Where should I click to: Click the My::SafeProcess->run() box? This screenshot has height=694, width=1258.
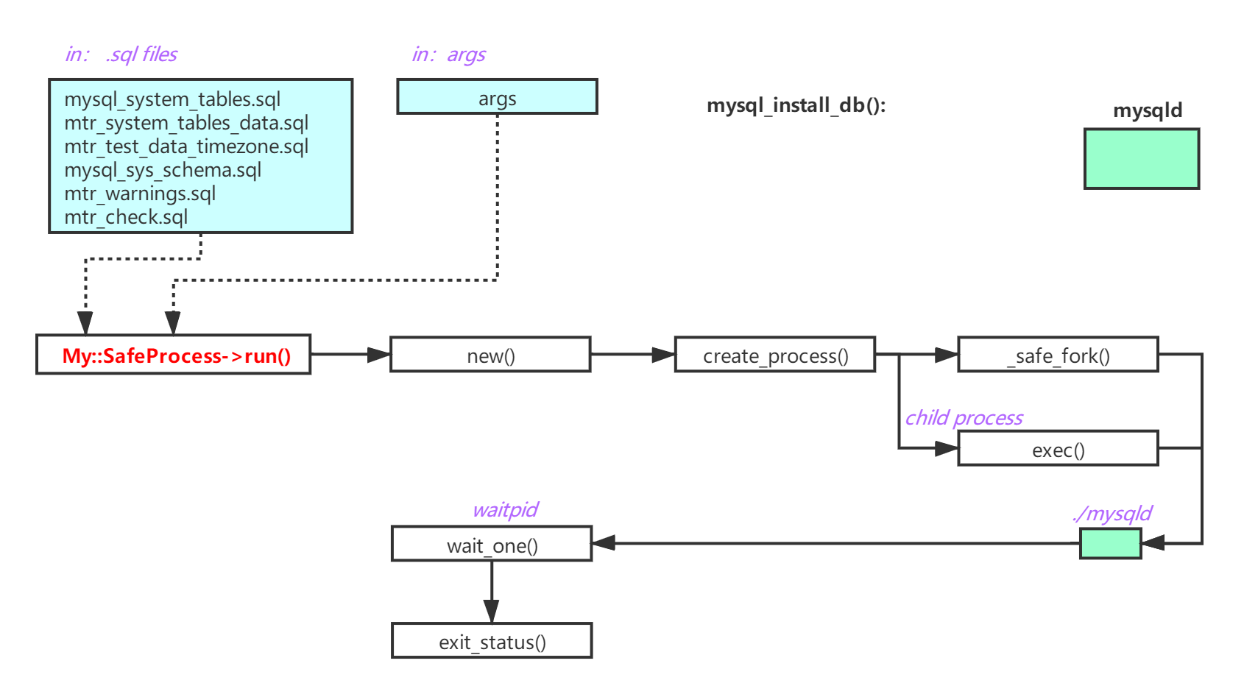pos(174,355)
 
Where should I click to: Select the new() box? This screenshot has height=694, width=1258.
pos(490,355)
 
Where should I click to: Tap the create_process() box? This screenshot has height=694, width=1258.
pos(774,355)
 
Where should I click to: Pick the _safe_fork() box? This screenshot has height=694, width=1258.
pos(1058,355)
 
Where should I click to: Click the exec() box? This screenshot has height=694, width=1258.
pos(1058,449)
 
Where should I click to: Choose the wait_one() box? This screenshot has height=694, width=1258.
pos(492,545)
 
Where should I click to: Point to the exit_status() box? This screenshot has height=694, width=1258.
pos(492,641)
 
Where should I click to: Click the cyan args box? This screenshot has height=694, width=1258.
pos(497,97)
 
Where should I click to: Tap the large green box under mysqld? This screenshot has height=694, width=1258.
pos(1142,159)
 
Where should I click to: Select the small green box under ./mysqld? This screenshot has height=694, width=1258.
pos(1110,544)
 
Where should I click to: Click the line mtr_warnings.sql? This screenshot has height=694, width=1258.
pos(140,194)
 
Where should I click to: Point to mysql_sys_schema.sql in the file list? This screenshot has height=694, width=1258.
pos(163,170)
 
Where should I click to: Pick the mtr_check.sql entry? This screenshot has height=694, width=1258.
pos(126,217)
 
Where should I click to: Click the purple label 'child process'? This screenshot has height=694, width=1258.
pos(964,418)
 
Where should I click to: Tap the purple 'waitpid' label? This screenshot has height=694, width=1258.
pos(505,510)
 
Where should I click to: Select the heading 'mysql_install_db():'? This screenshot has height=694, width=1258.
pos(796,105)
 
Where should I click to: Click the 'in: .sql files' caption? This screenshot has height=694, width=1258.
pos(121,54)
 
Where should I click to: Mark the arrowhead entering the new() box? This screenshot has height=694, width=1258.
pos(379,355)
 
